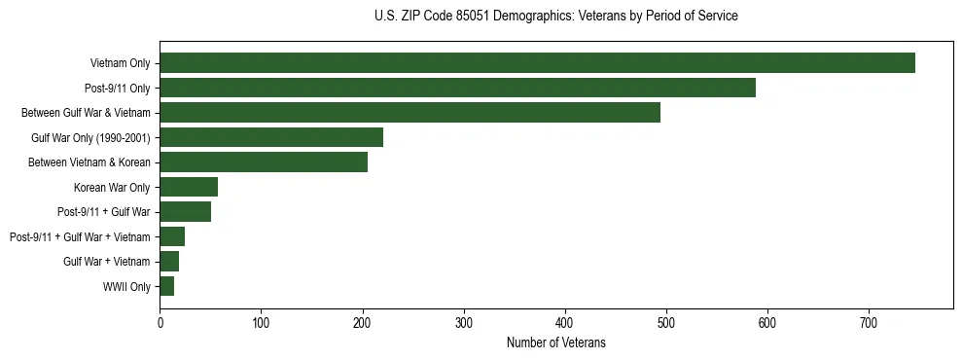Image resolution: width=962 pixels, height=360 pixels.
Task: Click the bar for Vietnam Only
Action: (x=537, y=63)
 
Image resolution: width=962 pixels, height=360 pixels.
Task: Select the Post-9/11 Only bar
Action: (x=457, y=88)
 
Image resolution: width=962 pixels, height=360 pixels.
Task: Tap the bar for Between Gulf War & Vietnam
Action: (x=410, y=113)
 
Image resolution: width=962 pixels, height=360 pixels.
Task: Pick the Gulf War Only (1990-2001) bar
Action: (x=271, y=137)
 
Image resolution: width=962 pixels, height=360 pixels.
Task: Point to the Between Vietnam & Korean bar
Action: (x=264, y=162)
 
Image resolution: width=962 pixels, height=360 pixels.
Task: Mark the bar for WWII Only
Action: (x=166, y=286)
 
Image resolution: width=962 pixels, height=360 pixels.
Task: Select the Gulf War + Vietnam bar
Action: (x=169, y=262)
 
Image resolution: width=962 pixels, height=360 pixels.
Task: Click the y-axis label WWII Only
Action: (x=126, y=287)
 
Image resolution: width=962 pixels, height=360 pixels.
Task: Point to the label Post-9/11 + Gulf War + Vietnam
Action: (x=80, y=237)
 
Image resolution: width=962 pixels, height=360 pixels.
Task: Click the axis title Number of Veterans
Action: (x=555, y=342)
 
